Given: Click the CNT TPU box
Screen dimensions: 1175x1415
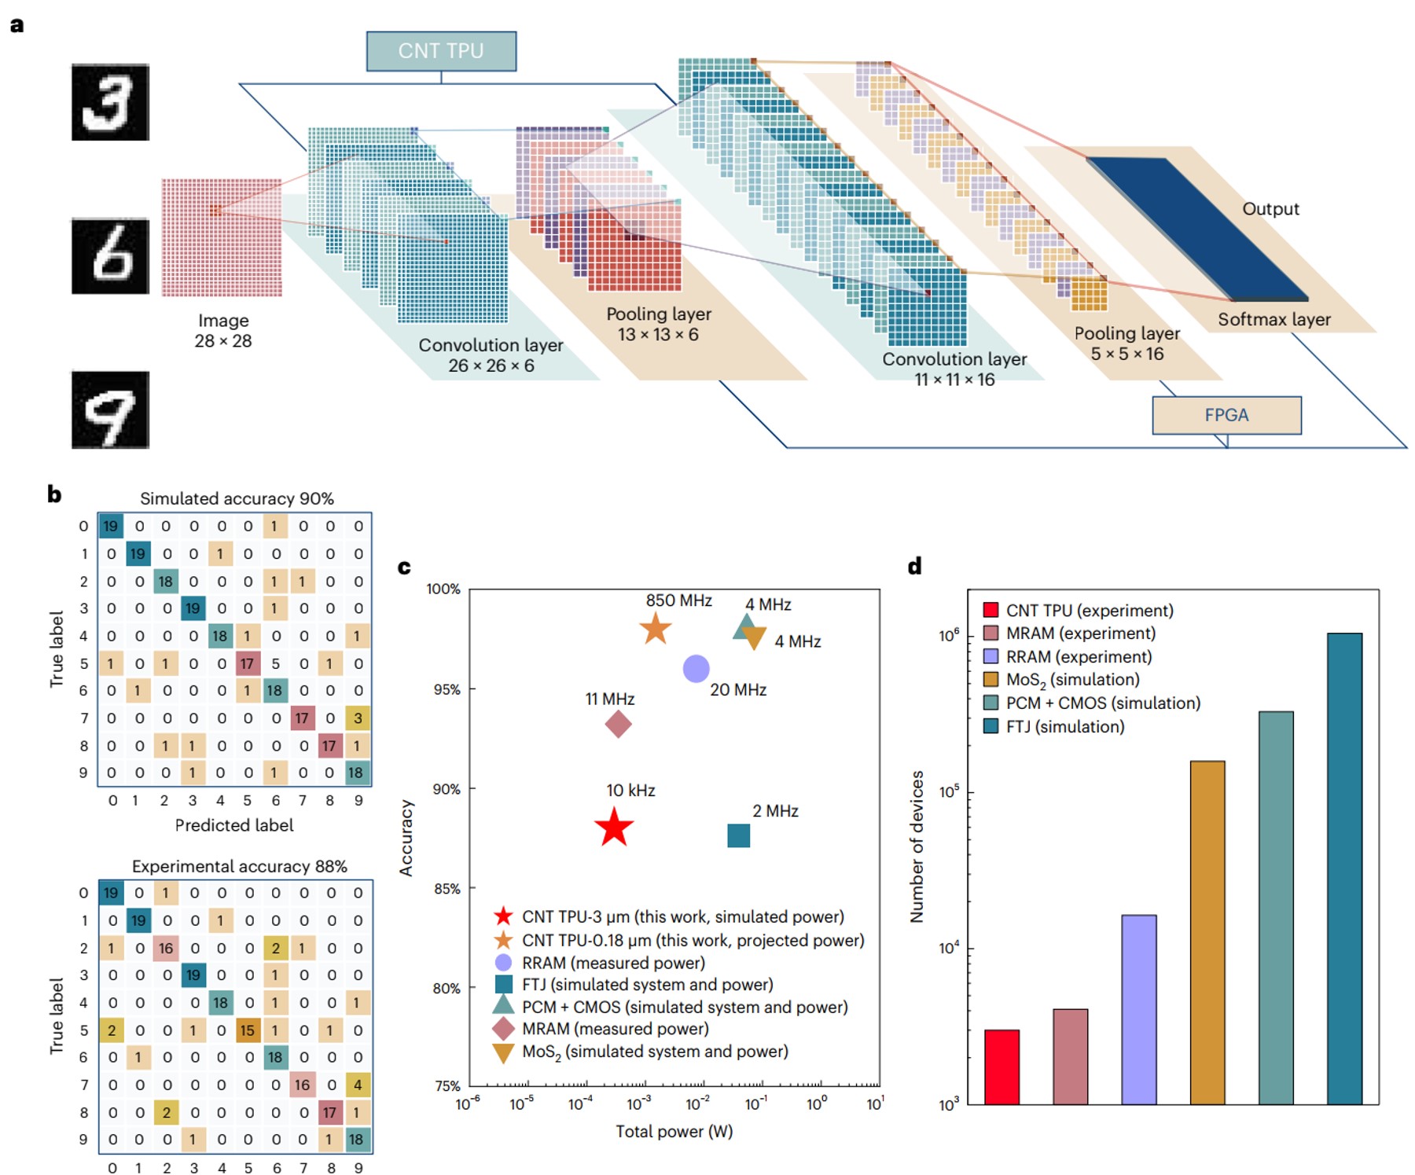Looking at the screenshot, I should click(x=441, y=51).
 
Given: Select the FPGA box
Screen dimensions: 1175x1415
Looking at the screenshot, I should click(x=1226, y=415).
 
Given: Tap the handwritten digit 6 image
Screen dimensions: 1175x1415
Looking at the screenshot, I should click(x=110, y=256).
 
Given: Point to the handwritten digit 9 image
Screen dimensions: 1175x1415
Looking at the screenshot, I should click(x=110, y=409).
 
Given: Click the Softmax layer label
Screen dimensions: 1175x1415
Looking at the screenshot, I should click(x=1273, y=320).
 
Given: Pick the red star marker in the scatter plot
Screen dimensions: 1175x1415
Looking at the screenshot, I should click(x=614, y=828).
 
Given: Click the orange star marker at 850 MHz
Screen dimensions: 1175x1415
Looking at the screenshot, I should click(x=656, y=629).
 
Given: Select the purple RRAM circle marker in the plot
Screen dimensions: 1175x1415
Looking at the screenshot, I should click(x=696, y=669).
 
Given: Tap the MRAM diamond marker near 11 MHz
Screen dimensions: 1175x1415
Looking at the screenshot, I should click(x=619, y=724).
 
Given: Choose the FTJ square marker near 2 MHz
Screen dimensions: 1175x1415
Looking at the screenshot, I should click(x=738, y=835).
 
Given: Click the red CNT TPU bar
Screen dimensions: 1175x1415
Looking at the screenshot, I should click(x=1002, y=1067).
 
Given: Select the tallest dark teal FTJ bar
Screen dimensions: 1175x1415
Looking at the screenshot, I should click(x=1344, y=868).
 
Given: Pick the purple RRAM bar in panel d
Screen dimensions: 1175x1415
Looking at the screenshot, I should click(x=1138, y=1009).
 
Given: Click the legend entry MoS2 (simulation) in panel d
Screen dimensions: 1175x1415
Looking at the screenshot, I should click(x=1072, y=680).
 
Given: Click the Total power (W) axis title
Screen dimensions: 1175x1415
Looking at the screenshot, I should click(x=674, y=1131).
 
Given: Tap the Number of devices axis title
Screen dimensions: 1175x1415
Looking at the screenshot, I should click(x=917, y=846).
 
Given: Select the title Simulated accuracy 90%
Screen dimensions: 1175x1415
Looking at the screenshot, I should click(x=237, y=498).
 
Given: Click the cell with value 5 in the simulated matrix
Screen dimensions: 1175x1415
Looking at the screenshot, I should click(x=275, y=663).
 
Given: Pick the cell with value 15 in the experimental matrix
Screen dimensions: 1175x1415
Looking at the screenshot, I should click(x=248, y=1030).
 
